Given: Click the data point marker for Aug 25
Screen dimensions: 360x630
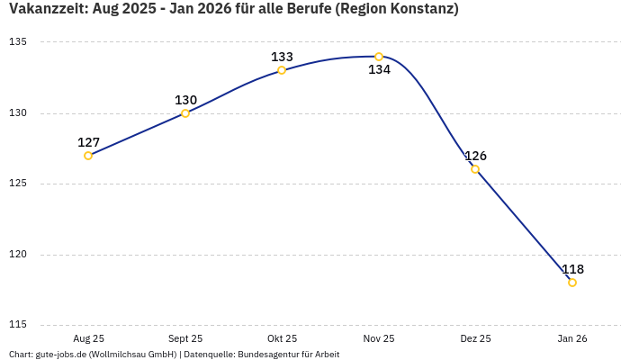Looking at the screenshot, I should [88, 156].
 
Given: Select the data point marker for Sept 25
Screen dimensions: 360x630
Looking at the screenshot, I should [185, 113].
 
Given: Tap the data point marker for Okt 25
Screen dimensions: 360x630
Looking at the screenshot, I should [282, 70].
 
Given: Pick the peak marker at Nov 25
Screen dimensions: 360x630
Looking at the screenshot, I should [379, 57].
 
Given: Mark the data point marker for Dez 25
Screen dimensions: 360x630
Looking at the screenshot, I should [475, 169].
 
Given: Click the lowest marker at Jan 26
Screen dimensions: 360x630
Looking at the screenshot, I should [572, 283].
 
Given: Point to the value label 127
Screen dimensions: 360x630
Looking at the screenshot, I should [88, 142].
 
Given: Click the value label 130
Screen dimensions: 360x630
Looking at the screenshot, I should [185, 100].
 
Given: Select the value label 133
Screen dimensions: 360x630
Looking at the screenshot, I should [282, 57].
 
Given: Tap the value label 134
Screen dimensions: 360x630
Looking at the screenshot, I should [379, 70].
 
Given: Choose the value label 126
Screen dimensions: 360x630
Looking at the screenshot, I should [475, 156].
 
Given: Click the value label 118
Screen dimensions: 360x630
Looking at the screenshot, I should [572, 269].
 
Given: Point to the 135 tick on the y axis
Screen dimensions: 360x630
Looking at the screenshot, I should [18, 42].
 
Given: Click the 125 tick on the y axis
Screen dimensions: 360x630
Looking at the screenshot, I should [18, 184].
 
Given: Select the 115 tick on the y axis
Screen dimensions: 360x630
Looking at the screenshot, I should [18, 325].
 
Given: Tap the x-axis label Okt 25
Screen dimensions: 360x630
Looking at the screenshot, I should [282, 338].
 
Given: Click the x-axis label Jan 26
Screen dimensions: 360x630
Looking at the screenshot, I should [572, 338].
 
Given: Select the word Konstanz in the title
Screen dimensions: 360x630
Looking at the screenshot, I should [420, 10].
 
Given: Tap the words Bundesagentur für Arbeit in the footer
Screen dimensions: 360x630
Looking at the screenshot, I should [288, 354].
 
